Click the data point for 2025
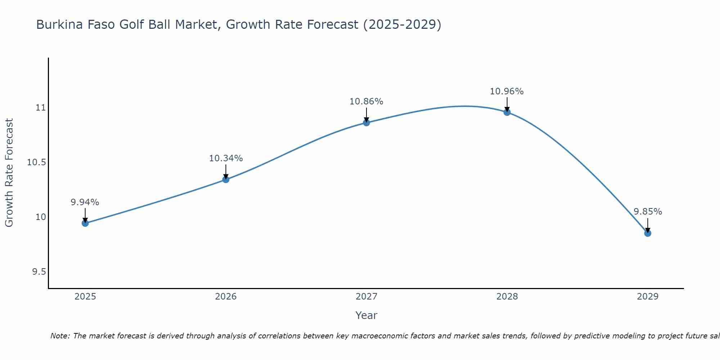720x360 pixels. point(85,223)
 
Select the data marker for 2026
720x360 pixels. point(226,179)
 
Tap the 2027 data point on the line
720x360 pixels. point(366,123)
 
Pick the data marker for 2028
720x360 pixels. point(507,112)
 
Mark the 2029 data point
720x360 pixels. point(648,233)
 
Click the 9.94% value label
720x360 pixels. point(85,202)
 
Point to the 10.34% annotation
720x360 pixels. point(226,158)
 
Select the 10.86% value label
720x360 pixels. point(366,102)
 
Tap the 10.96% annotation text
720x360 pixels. point(507,91)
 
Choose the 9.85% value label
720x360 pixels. point(648,212)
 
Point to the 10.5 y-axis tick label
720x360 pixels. point(37,162)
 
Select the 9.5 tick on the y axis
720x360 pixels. point(39,271)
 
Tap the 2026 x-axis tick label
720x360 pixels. point(226,297)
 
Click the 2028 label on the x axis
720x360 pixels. point(507,297)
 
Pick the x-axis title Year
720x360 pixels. point(366,315)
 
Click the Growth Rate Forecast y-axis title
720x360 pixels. point(9,173)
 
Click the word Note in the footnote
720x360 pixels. point(59,336)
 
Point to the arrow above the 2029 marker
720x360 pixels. point(648,225)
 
